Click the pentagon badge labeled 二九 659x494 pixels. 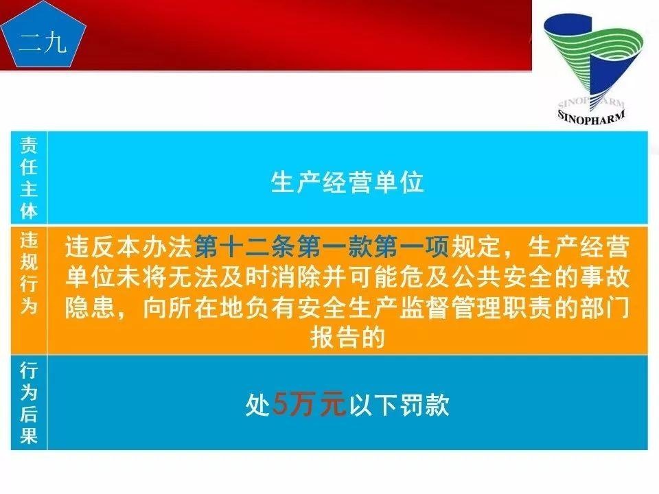click(43, 40)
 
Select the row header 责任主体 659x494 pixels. click(29, 177)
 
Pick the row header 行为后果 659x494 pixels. click(29, 403)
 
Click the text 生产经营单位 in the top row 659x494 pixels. click(347, 183)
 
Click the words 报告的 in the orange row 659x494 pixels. click(347, 337)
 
